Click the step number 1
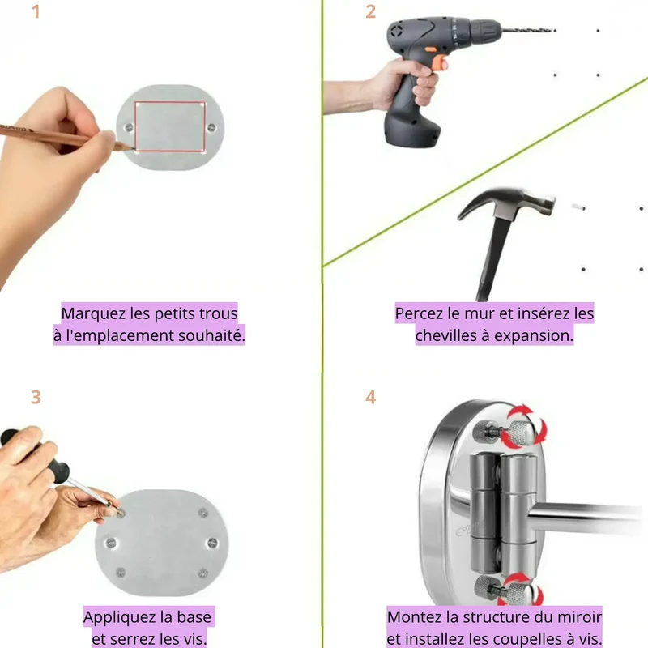click(x=36, y=11)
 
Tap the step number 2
click(x=370, y=11)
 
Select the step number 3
click(x=36, y=397)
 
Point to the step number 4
click(x=370, y=397)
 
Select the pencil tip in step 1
click(x=131, y=148)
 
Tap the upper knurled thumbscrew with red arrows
click(x=522, y=433)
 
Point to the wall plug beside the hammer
click(x=578, y=207)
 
